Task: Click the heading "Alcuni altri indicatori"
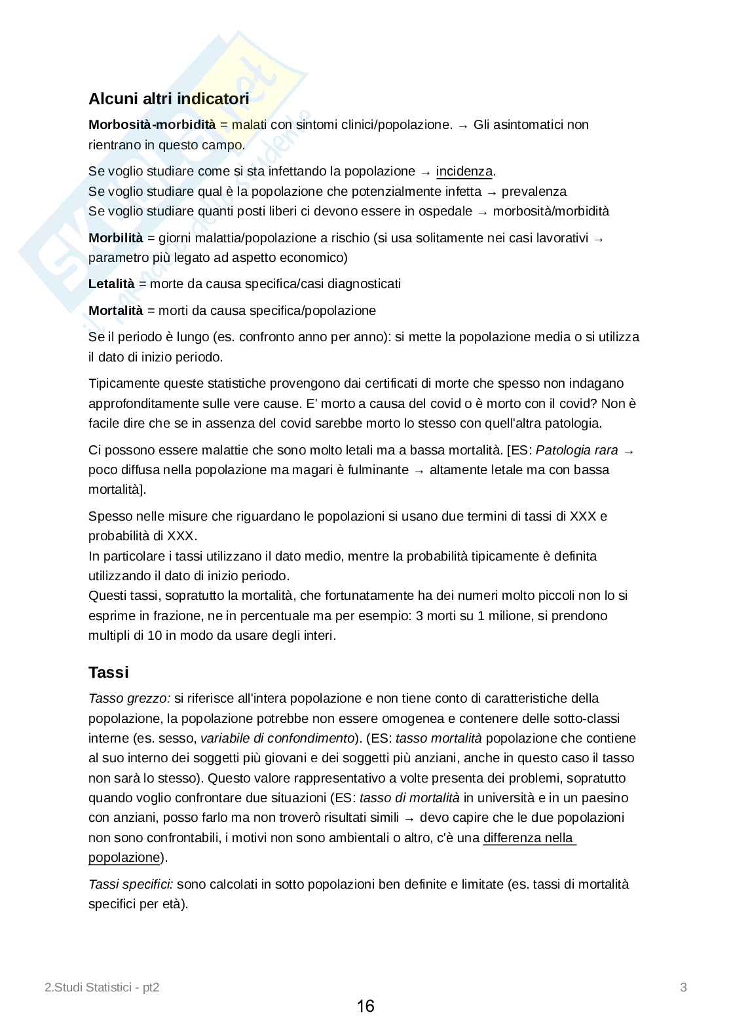point(169,99)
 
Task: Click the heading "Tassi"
point(109,673)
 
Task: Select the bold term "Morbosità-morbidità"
point(152,124)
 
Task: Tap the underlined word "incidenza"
point(464,172)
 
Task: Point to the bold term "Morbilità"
point(116,238)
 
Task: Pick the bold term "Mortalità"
point(115,310)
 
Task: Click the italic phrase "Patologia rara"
point(576,450)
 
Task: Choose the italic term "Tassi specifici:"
point(131,885)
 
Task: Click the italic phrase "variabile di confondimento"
point(278,738)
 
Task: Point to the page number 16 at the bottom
point(365,1006)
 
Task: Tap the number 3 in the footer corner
point(683,988)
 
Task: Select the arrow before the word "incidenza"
point(426,172)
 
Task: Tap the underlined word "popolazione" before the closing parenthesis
point(124,858)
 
